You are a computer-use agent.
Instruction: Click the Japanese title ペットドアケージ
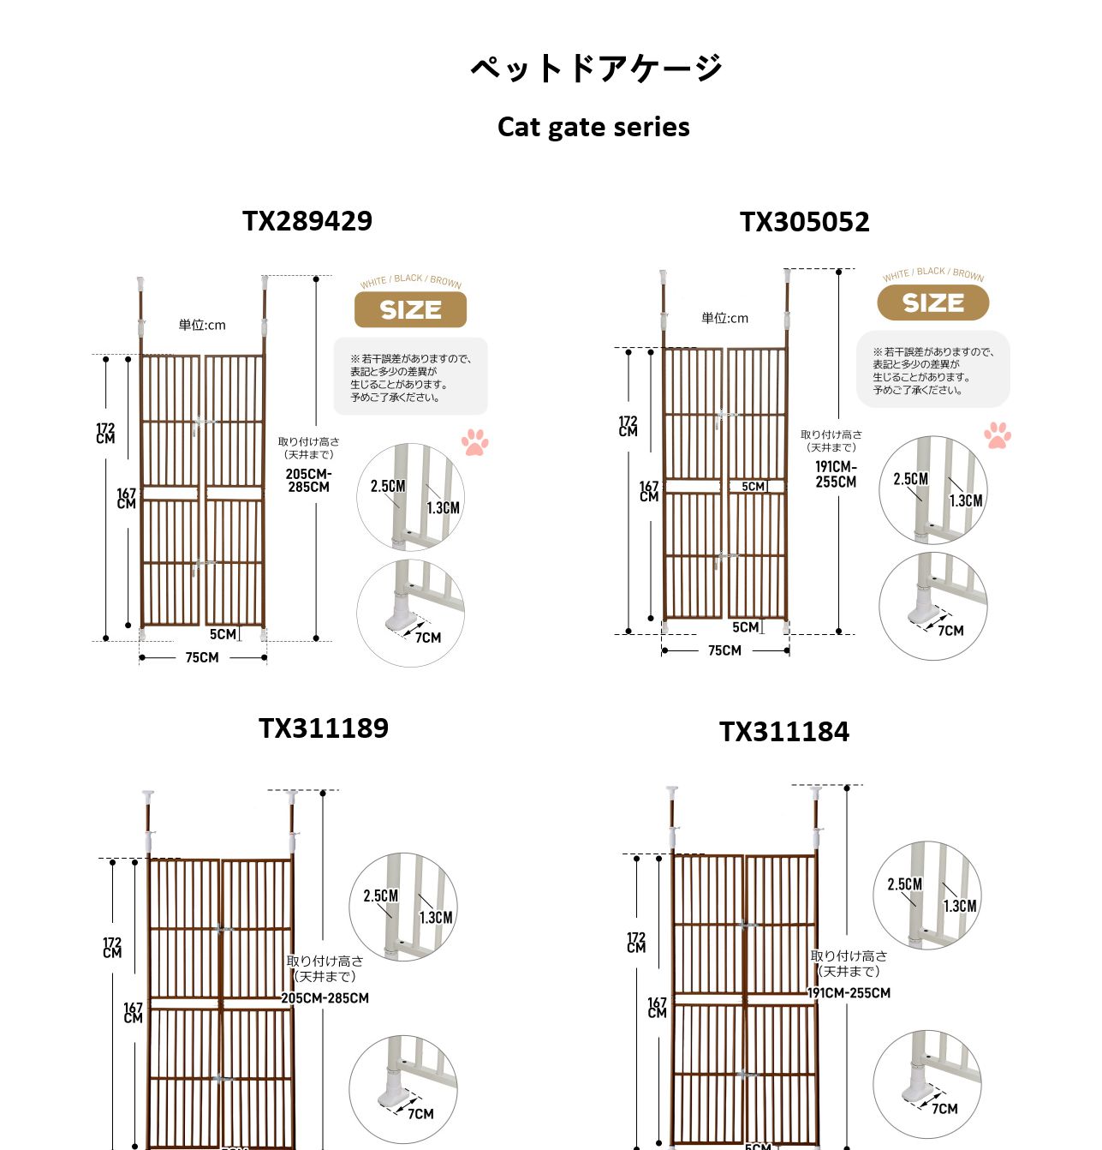pyautogui.click(x=596, y=68)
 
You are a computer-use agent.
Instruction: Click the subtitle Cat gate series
pyautogui.click(x=593, y=127)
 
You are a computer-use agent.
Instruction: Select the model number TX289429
pyautogui.click(x=307, y=221)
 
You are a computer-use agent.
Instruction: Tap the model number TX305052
pyautogui.click(x=804, y=222)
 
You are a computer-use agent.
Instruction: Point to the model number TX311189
pyautogui.click(x=324, y=728)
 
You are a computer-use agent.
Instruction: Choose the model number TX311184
pyautogui.click(x=784, y=732)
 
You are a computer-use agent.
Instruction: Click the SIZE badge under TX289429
pyautogui.click(x=410, y=309)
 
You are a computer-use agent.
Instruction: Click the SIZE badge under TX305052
pyautogui.click(x=933, y=302)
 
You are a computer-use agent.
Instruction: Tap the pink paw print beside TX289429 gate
pyautogui.click(x=475, y=442)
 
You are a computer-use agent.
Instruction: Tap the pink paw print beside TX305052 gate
pyautogui.click(x=998, y=435)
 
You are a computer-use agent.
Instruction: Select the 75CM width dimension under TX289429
pyautogui.click(x=202, y=658)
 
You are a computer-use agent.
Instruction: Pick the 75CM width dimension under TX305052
pyautogui.click(x=724, y=650)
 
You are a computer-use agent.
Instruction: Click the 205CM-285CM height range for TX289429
pyautogui.click(x=309, y=481)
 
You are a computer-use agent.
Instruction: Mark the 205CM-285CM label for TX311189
pyautogui.click(x=325, y=998)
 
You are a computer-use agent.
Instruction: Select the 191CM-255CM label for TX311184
pyautogui.click(x=849, y=993)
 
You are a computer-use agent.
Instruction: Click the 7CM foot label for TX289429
pyautogui.click(x=428, y=638)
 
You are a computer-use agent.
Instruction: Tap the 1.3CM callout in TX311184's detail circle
pyautogui.click(x=960, y=906)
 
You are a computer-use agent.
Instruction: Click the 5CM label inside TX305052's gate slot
pyautogui.click(x=753, y=487)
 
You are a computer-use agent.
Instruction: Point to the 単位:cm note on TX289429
pyautogui.click(x=202, y=325)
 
